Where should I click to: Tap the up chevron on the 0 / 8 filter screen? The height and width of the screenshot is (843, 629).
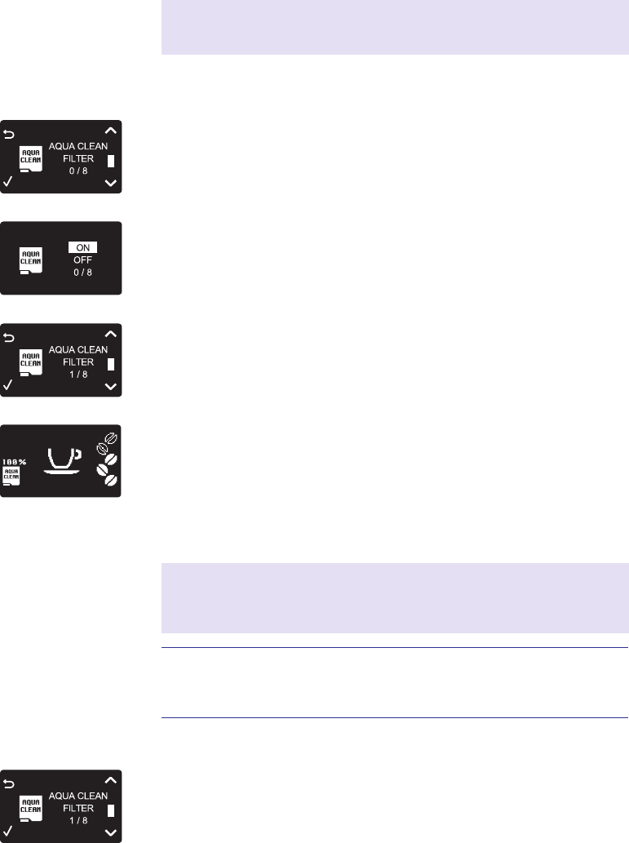112,129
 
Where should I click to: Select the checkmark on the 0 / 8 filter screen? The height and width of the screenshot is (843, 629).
9,182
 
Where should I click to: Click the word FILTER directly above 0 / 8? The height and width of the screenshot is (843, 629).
78,158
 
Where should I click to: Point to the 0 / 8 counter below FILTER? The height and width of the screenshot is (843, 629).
78,171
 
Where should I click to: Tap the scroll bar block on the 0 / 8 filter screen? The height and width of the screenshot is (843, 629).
112,161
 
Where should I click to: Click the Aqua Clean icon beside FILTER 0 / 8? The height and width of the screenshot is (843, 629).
31,160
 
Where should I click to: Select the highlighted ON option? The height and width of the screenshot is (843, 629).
82,247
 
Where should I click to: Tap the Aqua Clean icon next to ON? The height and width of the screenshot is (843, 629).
31,262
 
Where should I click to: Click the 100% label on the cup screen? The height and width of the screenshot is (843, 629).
14,462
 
